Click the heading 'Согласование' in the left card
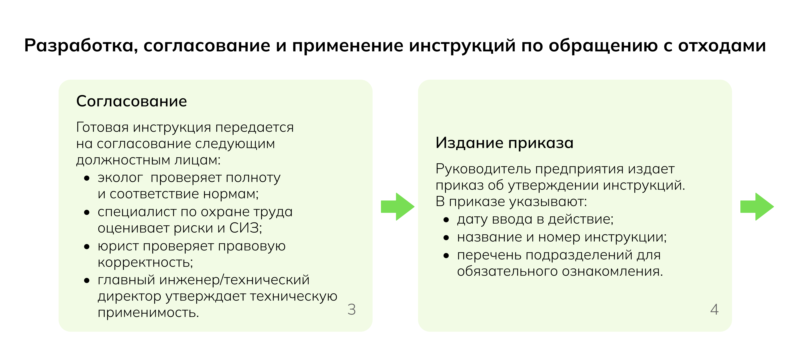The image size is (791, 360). (x=132, y=101)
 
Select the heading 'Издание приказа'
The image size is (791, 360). (x=504, y=143)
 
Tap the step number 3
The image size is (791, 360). (x=352, y=309)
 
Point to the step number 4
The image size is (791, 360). (x=714, y=309)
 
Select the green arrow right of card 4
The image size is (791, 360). (x=757, y=206)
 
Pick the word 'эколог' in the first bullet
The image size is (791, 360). (x=120, y=178)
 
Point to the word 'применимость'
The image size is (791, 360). (x=148, y=313)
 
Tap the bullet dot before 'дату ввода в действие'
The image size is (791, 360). (x=446, y=220)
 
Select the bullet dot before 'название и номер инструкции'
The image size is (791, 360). (x=446, y=238)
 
